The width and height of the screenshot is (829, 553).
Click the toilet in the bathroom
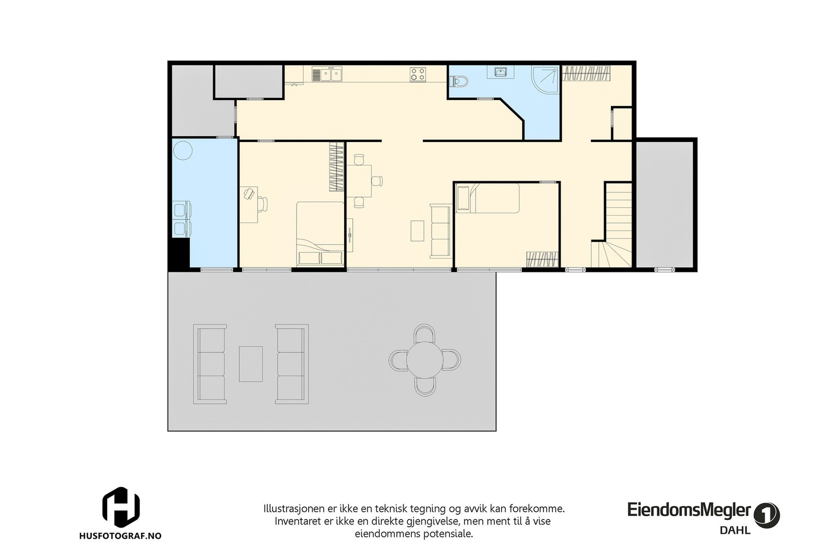tap(460, 81)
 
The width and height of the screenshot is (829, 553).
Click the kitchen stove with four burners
tap(418, 75)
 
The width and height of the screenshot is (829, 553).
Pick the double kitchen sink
tap(327, 75)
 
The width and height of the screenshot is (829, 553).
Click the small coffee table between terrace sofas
tap(251, 364)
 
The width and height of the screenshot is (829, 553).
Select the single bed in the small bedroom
tap(487, 198)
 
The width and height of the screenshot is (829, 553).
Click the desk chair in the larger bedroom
tap(263, 204)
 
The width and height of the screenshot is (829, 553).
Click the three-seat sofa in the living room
tap(440, 231)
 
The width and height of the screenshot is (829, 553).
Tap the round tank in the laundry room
tap(182, 151)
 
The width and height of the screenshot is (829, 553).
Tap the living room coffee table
tap(418, 231)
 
